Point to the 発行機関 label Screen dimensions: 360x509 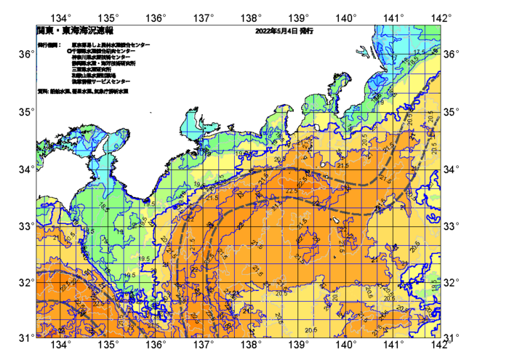click(48, 45)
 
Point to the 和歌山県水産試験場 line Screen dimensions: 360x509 click(95, 75)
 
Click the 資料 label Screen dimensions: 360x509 click(42, 92)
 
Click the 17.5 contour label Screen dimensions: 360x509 click(417, 53)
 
